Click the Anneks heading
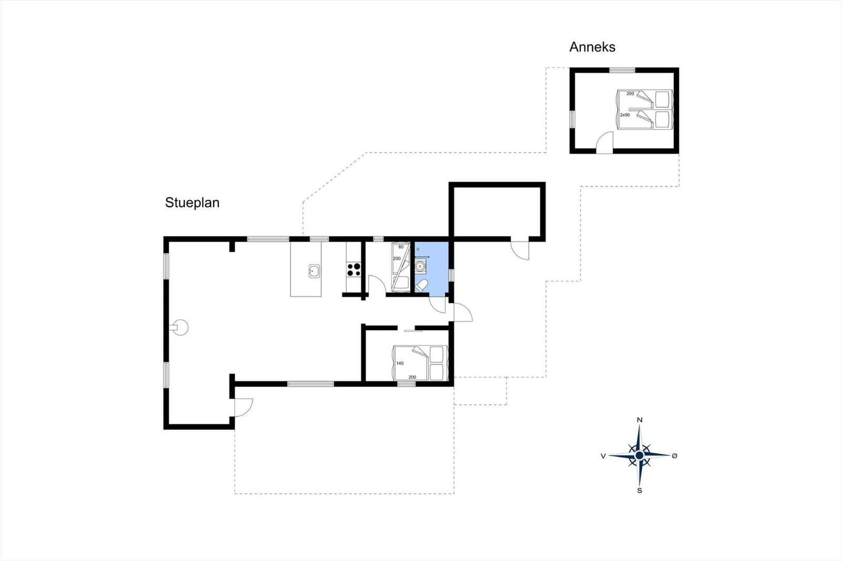click(592, 47)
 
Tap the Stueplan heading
click(192, 203)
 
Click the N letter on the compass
click(639, 420)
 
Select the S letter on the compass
click(639, 490)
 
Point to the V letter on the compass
click(603, 456)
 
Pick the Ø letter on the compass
click(674, 456)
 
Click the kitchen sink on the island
click(314, 271)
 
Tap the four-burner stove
click(354, 269)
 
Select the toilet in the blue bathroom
click(422, 286)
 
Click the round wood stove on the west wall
click(180, 327)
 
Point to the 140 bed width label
click(400, 363)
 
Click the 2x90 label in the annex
click(625, 115)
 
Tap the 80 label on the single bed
click(400, 247)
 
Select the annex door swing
click(605, 142)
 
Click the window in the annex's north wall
click(622, 70)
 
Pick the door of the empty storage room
click(520, 249)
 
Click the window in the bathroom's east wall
click(452, 275)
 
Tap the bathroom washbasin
click(420, 266)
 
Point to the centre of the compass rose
click(639, 456)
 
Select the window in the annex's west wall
click(573, 119)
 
